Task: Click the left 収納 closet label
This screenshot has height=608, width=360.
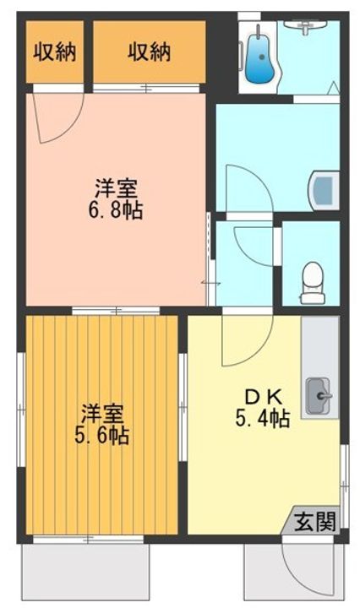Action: [55, 52]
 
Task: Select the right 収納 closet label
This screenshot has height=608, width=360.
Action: [150, 52]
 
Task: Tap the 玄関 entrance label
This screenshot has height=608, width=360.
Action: [314, 521]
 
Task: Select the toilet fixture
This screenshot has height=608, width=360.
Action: [312, 280]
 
